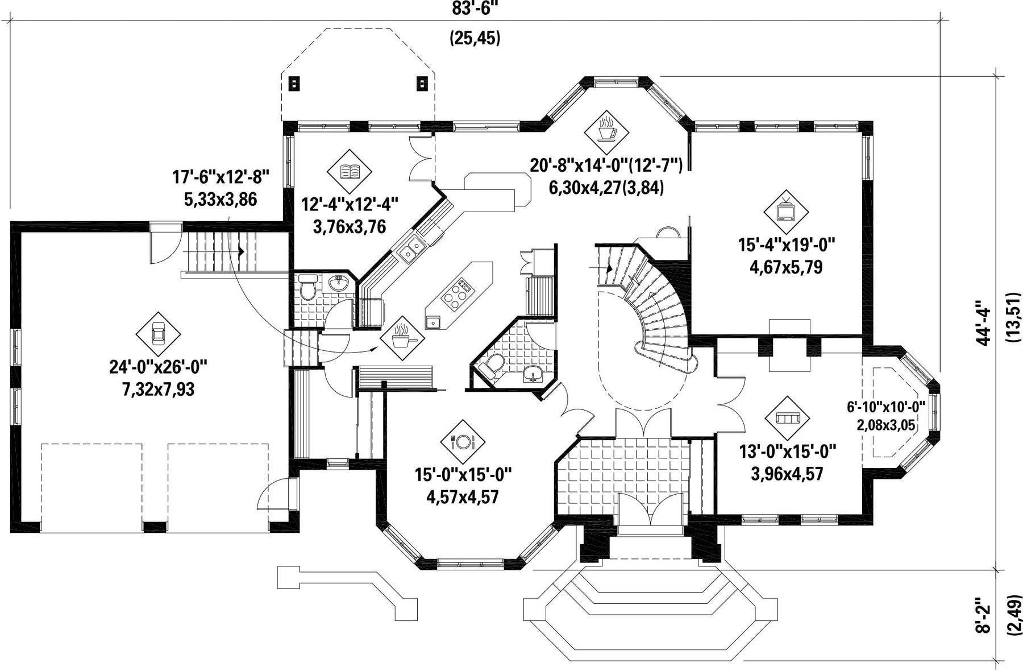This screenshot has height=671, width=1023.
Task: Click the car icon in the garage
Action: [158, 334]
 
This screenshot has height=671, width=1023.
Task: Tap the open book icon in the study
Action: [350, 171]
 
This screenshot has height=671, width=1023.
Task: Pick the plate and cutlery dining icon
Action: [463, 442]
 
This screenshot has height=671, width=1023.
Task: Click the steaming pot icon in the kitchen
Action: [402, 338]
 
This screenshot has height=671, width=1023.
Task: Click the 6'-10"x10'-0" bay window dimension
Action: [886, 407]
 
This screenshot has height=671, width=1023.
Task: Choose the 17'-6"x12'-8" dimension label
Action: [221, 177]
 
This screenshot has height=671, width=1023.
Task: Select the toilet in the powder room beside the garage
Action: [308, 287]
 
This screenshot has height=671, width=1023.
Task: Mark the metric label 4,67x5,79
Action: [787, 267]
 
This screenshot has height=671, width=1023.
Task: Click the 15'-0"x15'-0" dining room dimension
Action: [463, 474]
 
